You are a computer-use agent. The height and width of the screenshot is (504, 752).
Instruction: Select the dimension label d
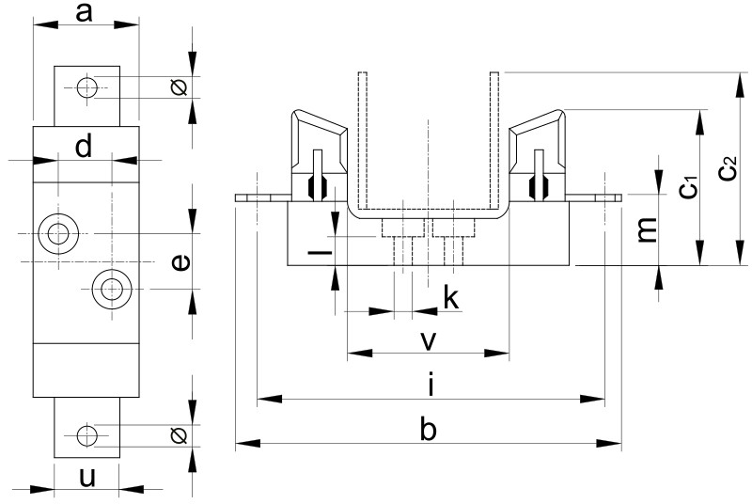85,147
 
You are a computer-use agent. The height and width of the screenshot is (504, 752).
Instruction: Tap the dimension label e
182,262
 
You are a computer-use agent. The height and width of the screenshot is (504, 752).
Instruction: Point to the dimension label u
86,477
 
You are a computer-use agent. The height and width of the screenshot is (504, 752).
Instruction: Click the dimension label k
451,299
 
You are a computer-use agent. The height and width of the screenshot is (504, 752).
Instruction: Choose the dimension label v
428,340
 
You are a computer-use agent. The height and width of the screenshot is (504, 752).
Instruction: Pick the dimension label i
430,385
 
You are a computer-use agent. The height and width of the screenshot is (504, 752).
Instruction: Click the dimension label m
647,228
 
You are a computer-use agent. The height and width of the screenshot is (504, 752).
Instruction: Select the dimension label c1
689,186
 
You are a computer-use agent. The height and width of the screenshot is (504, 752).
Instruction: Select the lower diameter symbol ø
180,435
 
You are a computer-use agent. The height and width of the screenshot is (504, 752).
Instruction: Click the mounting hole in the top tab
86,88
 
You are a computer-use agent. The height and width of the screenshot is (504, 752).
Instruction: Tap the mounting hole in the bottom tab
86,435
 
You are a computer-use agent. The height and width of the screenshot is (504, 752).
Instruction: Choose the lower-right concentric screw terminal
112,288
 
